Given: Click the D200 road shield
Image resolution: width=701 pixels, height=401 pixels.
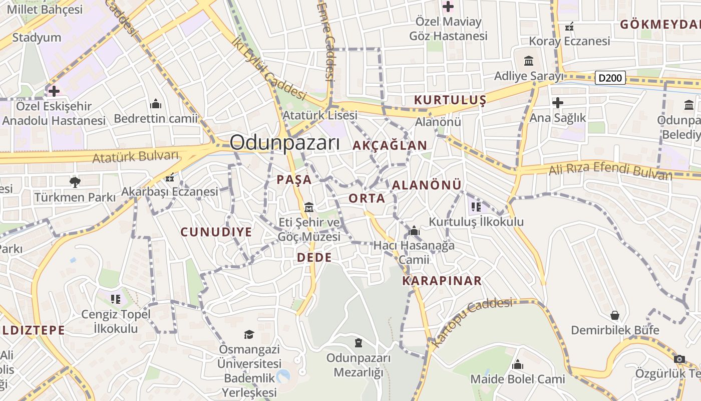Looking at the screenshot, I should (610, 78).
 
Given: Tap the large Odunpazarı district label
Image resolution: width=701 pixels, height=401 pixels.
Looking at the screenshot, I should (284, 143).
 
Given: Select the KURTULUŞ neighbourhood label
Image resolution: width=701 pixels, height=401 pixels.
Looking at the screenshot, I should (450, 100).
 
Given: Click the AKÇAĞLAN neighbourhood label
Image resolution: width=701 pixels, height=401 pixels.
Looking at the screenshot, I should (390, 145).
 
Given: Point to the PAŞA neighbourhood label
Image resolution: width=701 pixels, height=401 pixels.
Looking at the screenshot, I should (294, 179).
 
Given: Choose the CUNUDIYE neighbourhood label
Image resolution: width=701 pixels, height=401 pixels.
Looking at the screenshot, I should (216, 232).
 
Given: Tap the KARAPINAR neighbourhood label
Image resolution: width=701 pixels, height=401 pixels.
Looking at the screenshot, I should (442, 281).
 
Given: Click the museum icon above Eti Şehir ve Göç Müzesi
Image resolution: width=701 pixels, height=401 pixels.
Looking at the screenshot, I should (309, 208).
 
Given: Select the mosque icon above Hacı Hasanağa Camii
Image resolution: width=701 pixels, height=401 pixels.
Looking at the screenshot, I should (414, 231).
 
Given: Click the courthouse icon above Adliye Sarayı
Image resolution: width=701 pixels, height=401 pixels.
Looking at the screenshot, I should (529, 61).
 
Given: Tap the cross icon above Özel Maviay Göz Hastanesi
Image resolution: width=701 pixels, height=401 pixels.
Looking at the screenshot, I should (448, 7).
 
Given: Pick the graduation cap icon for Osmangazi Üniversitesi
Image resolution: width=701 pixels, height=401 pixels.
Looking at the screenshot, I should (249, 334).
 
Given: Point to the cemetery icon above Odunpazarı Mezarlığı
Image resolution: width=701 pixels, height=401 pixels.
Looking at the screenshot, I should (358, 343).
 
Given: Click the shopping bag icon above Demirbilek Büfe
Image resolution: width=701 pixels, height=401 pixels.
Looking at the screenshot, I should (614, 315).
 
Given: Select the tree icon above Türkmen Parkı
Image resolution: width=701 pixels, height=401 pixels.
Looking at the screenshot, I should (75, 181).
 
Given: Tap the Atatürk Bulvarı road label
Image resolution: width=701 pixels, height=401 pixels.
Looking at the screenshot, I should (136, 156).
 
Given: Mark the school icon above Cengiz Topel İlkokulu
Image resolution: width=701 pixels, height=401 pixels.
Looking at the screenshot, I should (116, 299).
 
